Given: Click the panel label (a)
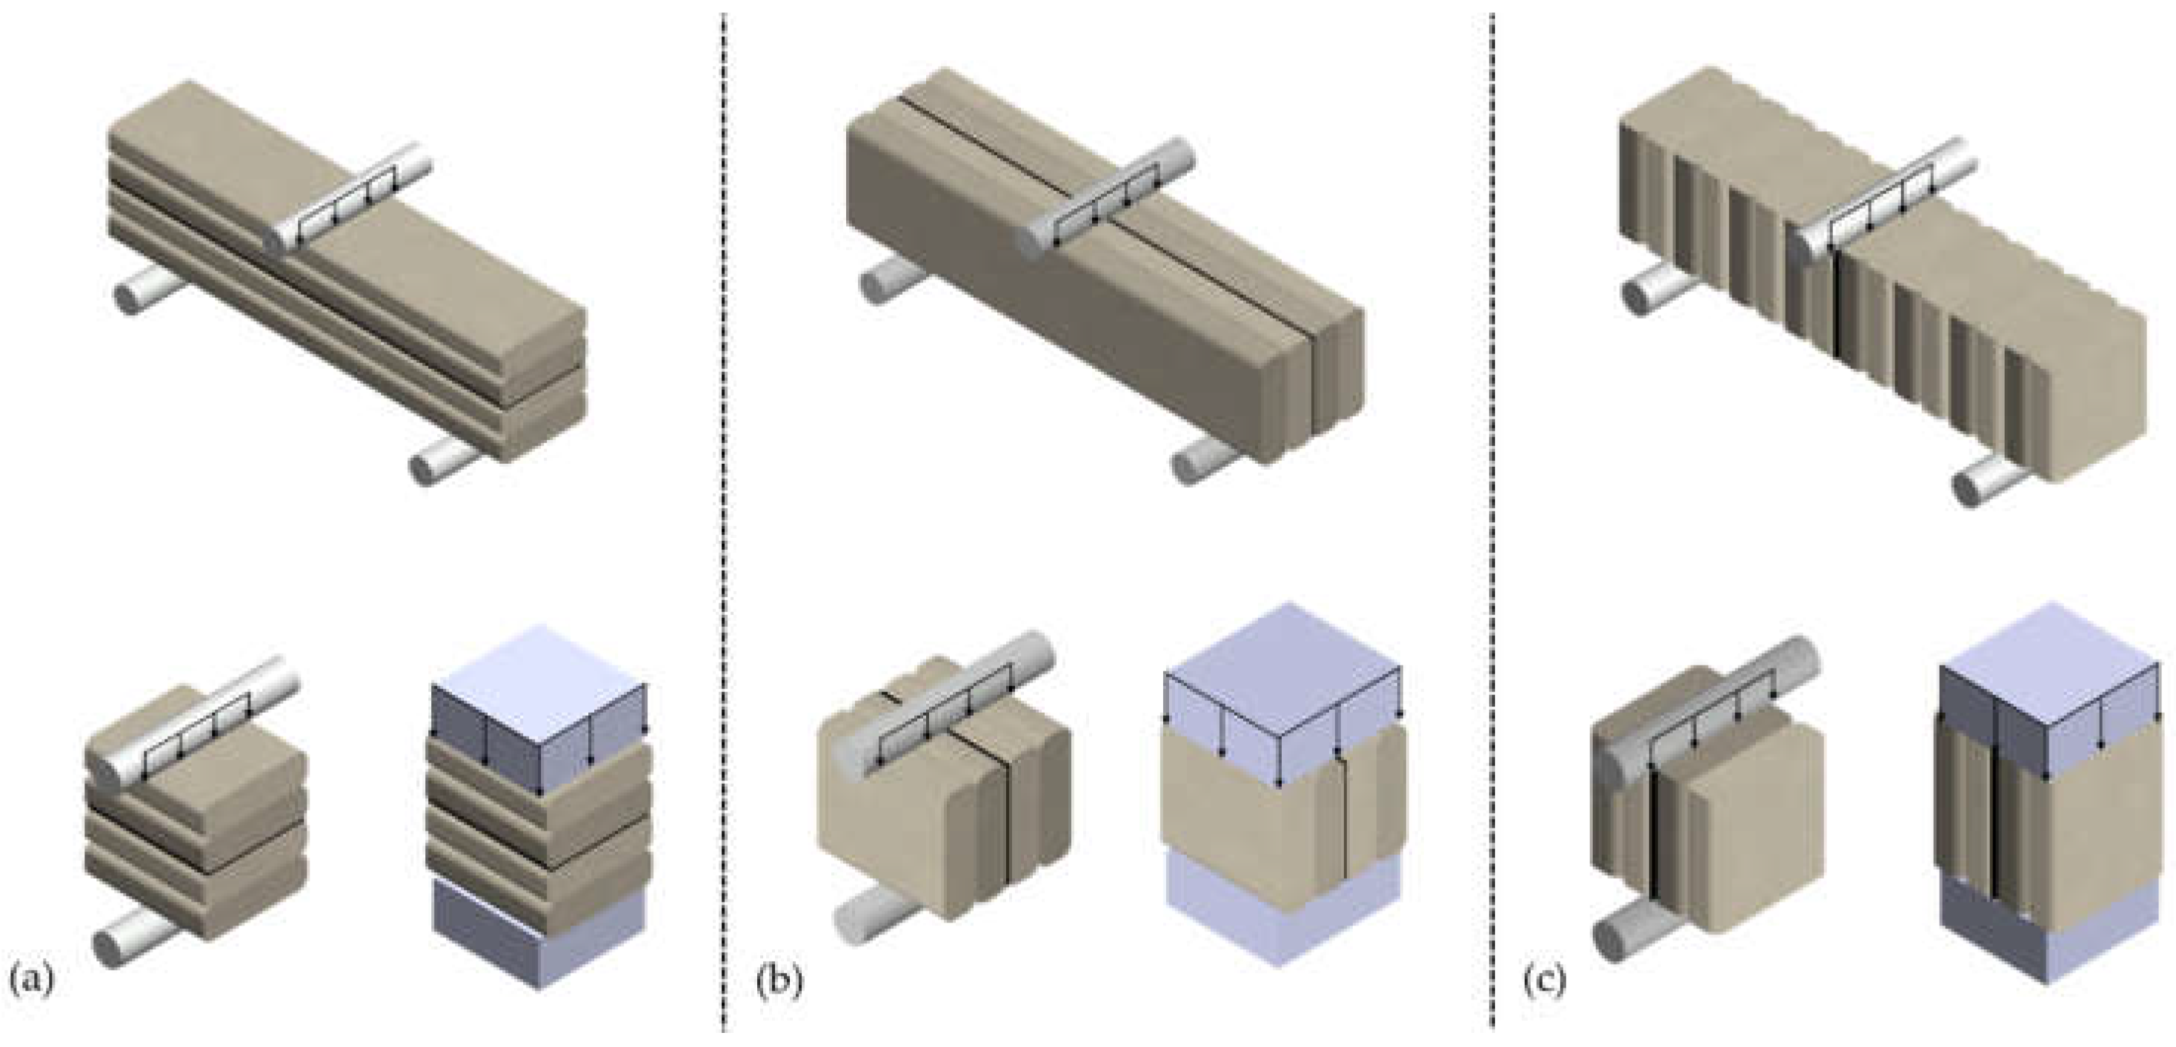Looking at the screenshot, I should coord(32,981).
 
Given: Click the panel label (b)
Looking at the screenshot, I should coord(778,981).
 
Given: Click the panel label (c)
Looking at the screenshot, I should coord(1545,981).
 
